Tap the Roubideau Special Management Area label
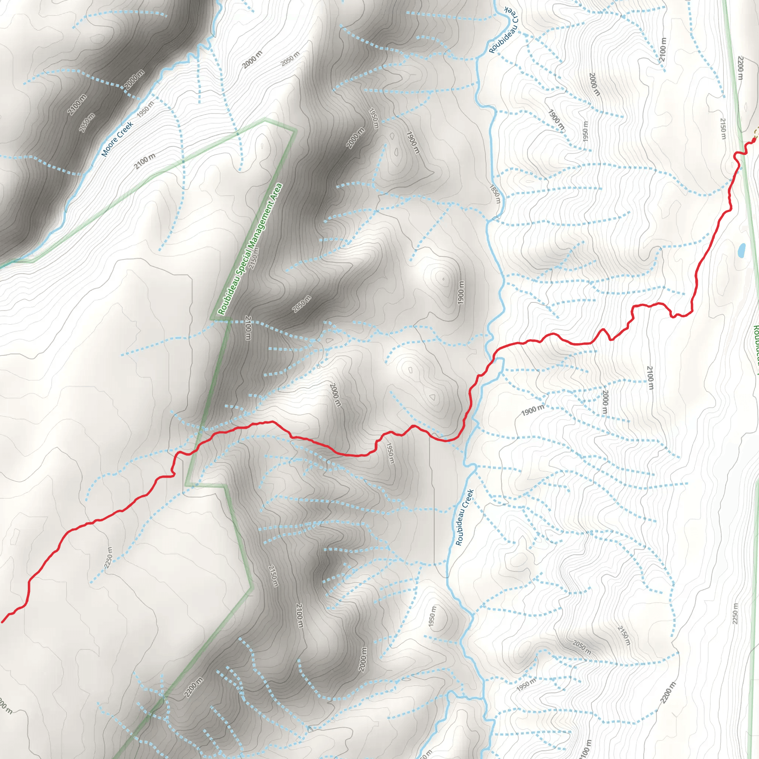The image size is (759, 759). pos(250,249)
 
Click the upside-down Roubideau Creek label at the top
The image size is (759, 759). pos(504,30)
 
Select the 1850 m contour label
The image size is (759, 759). pos(496,194)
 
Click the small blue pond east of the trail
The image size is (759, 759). pos(741,250)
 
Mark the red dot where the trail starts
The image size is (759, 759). pos(753,139)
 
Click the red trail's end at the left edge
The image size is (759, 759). pos(2,622)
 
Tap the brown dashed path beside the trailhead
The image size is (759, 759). pos(756,133)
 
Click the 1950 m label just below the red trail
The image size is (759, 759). pos(390,453)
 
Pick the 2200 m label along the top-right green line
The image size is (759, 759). pos(740,67)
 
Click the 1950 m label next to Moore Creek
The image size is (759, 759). pos(145,109)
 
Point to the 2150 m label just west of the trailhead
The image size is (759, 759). pos(723,129)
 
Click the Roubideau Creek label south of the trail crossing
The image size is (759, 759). pos(465,517)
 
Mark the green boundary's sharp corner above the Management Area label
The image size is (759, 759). pos(296,131)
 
